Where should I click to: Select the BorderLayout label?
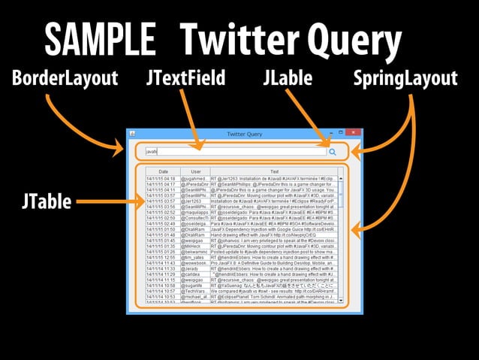pos(65,78)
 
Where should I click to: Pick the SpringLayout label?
pos(405,78)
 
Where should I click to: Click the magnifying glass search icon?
pos(333,151)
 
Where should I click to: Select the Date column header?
pos(163,171)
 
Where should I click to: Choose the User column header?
pos(195,171)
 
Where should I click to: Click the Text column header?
pos(274,171)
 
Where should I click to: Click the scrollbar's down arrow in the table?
pos(341,301)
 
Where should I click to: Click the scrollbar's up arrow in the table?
pos(341,178)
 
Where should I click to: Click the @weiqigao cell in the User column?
pos(195,240)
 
